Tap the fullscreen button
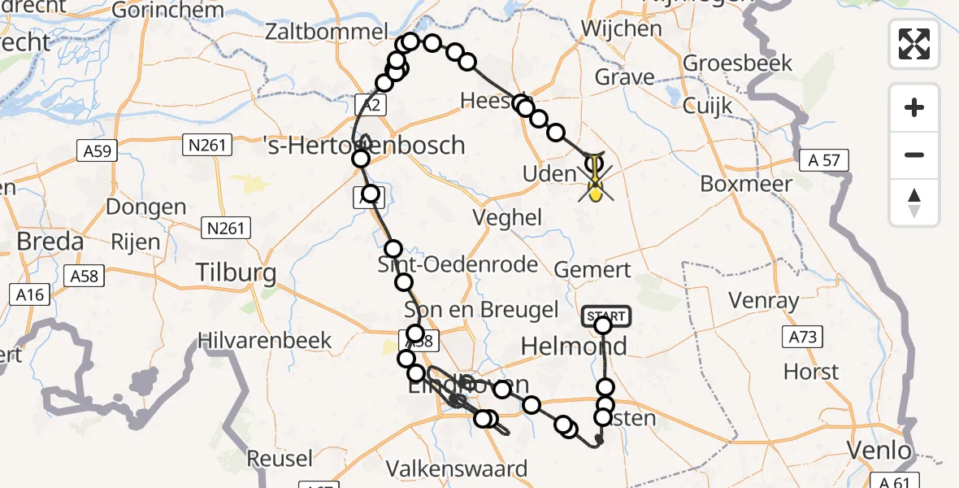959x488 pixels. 914,43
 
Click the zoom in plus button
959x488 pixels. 914,107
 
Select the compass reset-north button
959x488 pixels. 914,203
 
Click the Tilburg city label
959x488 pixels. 224,272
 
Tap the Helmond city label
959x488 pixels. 573,346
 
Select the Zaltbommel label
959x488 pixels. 326,33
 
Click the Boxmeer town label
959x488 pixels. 746,183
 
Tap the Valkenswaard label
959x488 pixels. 457,468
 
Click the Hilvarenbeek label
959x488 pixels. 265,339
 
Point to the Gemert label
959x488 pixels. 592,271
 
